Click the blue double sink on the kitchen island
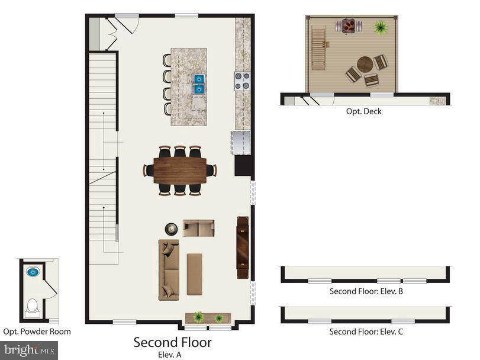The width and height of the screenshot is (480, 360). [199, 83]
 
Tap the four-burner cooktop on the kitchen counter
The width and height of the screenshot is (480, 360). [242, 81]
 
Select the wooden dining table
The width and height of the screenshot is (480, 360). [180, 170]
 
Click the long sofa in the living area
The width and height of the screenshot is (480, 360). [169, 269]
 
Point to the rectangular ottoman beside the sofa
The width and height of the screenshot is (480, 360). [194, 274]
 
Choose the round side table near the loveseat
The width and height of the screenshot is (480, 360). [172, 229]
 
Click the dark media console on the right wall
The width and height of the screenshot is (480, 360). [243, 247]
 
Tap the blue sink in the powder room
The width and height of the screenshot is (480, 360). [33, 272]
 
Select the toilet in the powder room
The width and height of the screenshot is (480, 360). [32, 307]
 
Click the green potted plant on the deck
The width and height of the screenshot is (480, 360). [379, 27]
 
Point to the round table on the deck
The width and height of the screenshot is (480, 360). [365, 64]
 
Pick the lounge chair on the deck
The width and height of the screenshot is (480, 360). [318, 49]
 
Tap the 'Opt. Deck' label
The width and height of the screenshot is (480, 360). [363, 111]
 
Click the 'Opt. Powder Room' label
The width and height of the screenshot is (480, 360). [37, 332]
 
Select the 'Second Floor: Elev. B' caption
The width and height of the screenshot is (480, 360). [366, 291]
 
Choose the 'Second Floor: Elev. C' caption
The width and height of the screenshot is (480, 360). [366, 332]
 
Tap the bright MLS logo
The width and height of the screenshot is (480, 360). [28, 351]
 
